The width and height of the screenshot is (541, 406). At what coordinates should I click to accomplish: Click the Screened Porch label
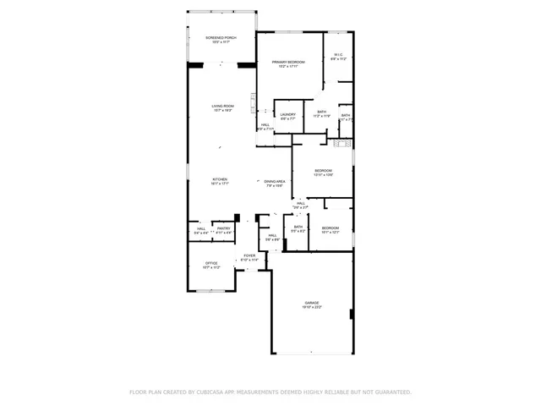point(221,38)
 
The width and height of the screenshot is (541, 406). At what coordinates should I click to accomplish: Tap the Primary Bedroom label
point(287,62)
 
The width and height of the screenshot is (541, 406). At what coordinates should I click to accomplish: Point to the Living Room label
point(222,106)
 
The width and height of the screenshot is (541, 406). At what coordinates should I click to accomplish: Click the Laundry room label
point(287,114)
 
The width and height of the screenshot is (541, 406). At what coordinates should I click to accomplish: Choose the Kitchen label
point(220,178)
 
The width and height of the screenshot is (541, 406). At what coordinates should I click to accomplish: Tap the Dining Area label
point(274,182)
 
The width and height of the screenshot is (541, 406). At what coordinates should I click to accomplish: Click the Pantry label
point(223,228)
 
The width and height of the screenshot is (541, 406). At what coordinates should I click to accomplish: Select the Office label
point(211,263)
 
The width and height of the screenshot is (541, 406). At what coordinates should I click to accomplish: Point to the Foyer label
point(249,255)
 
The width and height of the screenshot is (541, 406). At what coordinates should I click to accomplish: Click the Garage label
point(312,302)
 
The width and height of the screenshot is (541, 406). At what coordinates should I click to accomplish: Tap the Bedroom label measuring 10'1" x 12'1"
point(330,228)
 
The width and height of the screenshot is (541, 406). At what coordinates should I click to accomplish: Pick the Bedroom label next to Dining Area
point(323,171)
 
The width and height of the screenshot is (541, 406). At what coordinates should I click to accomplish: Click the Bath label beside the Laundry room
point(321,112)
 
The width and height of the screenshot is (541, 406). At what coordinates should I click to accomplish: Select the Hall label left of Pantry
point(201,228)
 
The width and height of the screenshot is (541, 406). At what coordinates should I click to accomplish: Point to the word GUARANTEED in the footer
point(390,392)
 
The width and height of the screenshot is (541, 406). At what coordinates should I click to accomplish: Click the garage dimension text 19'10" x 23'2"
point(312,307)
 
